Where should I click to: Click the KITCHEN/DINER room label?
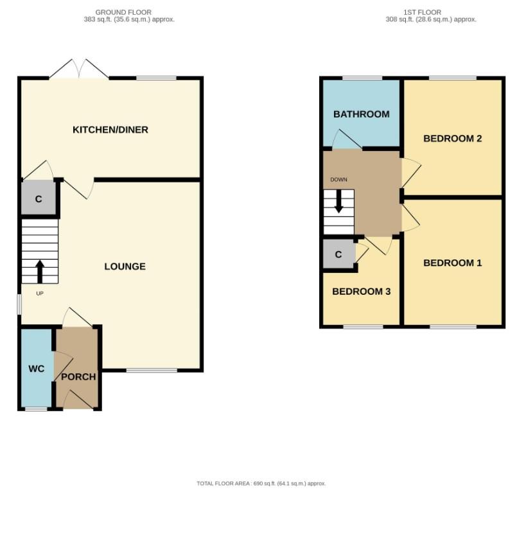coord(110,130)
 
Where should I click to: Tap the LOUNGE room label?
coord(125,267)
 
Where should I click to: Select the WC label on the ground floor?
coord(36,369)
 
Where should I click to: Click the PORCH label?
coord(78,377)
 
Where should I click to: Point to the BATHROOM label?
coord(361,114)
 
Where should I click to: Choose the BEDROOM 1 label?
coord(452,263)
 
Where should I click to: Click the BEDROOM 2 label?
coord(452,138)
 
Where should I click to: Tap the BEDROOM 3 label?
coord(361,291)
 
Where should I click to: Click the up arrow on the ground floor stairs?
coord(39,271)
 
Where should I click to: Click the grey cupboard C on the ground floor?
coord(39,199)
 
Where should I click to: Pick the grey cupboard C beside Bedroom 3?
coord(338,255)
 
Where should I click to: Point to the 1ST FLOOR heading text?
coord(422,12)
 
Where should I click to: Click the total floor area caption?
coord(261,483)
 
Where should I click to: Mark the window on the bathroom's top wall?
coord(362,78)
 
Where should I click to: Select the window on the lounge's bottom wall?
coord(152,370)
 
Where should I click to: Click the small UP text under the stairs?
coord(39,294)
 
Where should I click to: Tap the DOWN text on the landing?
coord(338,179)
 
